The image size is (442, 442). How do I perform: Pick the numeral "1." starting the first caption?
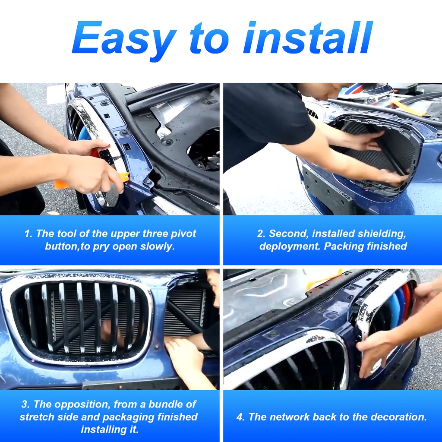(29, 234)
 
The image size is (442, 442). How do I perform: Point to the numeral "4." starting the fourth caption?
(241, 417)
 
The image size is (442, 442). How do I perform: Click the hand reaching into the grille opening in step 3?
(186, 358)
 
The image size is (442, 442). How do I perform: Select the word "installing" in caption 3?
(103, 430)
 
